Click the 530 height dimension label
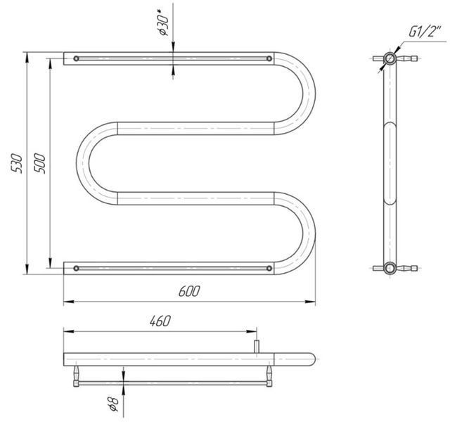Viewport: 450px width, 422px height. [16, 163]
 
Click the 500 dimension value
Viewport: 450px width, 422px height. [39, 163]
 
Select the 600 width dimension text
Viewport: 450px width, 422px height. [189, 291]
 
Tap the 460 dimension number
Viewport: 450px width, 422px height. [160, 321]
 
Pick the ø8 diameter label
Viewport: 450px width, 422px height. [113, 404]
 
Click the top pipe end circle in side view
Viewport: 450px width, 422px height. [390, 58]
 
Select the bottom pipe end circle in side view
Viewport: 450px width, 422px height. [390, 269]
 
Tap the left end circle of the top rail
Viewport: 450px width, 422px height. [76, 58]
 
